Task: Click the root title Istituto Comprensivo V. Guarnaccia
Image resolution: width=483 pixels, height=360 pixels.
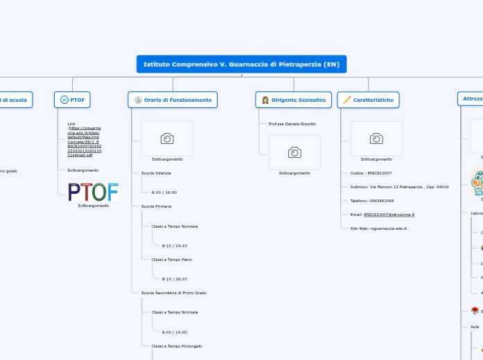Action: [241, 64]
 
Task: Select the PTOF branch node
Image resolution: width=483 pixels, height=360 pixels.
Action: [72, 100]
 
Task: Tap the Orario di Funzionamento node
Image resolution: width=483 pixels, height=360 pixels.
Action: [173, 100]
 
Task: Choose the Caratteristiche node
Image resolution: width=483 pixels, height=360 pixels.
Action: [368, 100]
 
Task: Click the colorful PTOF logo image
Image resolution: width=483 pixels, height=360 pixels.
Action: [94, 192]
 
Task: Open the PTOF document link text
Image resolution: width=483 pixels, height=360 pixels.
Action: [84, 141]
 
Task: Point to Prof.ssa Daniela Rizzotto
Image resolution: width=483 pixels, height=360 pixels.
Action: [292, 124]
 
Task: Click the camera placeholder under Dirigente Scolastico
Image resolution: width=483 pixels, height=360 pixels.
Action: [295, 152]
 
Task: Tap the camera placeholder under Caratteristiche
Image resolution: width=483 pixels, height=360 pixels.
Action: [376, 138]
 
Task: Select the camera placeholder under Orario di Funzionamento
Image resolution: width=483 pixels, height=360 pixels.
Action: [167, 138]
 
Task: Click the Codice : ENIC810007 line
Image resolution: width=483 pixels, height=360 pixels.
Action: [371, 172]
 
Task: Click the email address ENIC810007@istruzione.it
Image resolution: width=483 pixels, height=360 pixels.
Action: [389, 215]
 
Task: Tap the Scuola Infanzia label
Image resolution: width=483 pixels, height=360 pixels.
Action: [156, 172]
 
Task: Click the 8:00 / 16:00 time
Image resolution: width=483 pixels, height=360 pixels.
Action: [164, 192]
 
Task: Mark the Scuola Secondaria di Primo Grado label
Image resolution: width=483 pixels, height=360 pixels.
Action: [174, 293]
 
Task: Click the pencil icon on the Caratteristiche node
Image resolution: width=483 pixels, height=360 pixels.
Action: [346, 100]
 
